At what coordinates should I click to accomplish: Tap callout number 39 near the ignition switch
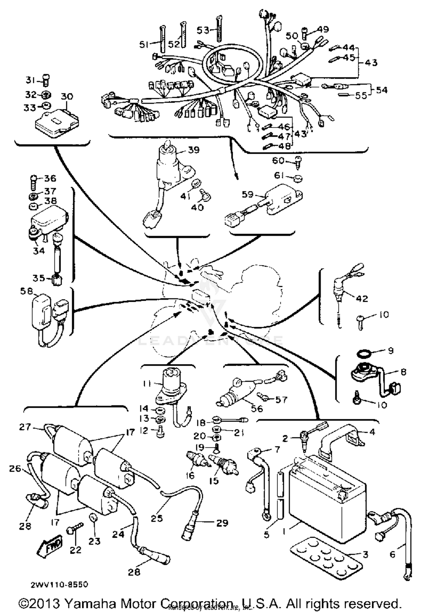tap(194, 150)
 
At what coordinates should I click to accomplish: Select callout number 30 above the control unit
tap(67, 96)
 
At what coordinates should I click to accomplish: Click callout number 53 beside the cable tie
tap(203, 30)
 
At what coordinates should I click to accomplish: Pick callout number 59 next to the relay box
tap(247, 194)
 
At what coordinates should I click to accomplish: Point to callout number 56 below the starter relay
tap(257, 409)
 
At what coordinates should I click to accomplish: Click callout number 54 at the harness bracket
tap(381, 90)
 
